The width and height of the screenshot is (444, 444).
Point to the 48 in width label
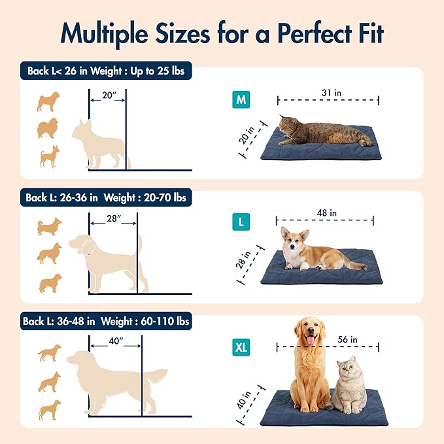(x=324, y=213)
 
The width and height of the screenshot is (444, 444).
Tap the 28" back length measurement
(x=113, y=219)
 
